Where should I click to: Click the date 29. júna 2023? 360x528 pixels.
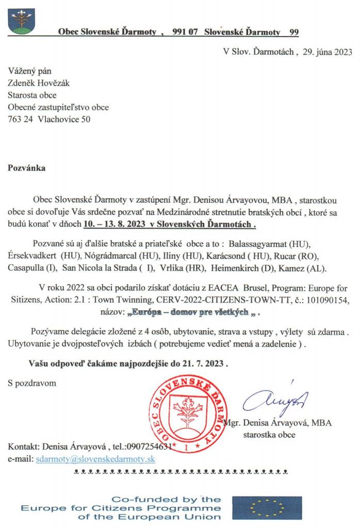click(x=319, y=52)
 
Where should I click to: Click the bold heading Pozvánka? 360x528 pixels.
click(x=26, y=169)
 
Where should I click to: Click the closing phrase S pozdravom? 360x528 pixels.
click(x=32, y=383)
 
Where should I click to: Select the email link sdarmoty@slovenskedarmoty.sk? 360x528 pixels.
click(x=95, y=458)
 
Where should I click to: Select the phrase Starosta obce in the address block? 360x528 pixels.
click(x=32, y=95)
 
